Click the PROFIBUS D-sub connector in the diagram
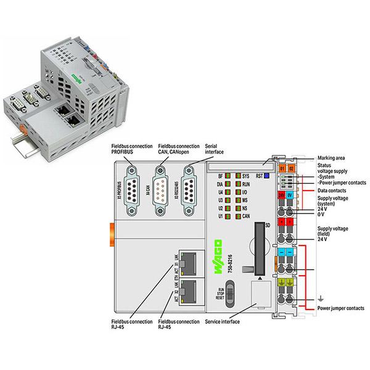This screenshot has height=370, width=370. pyautogui.click(x=131, y=185)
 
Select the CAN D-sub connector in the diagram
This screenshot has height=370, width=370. pyautogui.click(x=160, y=185)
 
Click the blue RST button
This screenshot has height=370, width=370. pyautogui.click(x=266, y=176)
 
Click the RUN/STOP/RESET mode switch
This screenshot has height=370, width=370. pyautogui.click(x=229, y=290)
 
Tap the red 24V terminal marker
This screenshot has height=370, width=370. pyautogui.click(x=281, y=195)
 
